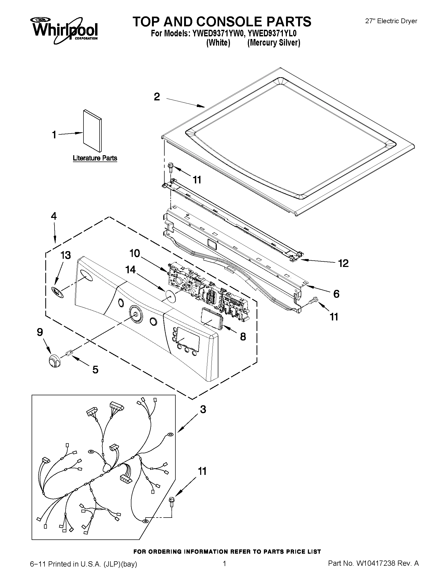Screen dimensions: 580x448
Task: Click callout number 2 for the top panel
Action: [157, 97]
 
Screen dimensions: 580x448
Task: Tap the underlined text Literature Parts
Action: [95, 158]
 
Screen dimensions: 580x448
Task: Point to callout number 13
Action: [66, 255]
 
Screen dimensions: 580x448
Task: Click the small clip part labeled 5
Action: [69, 353]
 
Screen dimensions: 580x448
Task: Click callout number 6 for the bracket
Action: [336, 294]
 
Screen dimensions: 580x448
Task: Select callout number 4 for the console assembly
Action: [54, 216]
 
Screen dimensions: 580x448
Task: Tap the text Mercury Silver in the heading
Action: [274, 43]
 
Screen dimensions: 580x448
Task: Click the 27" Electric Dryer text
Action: [391, 21]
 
